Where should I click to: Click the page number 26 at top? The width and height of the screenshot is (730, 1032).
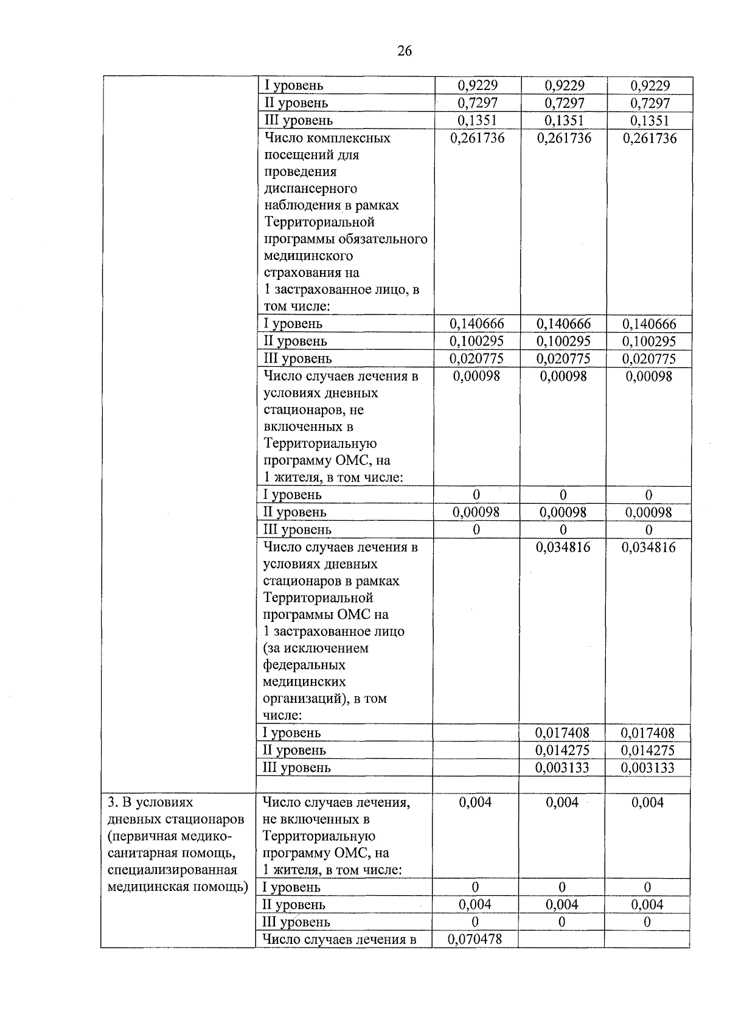click(405, 51)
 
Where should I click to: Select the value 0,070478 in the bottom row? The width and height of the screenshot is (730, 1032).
click(475, 939)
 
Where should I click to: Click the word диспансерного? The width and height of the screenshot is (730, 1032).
click(310, 188)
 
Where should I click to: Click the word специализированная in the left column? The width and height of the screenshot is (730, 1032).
click(172, 870)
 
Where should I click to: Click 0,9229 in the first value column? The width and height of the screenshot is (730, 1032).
click(477, 85)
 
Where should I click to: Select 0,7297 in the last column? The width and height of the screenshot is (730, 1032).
click(650, 103)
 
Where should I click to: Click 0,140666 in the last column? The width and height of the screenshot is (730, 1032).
click(648, 324)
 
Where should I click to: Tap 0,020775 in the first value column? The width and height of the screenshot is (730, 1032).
click(476, 358)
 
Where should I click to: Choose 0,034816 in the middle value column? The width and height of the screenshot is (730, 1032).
click(563, 547)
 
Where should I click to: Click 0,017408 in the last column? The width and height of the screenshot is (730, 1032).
click(647, 733)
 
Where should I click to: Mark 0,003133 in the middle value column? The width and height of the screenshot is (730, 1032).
click(562, 767)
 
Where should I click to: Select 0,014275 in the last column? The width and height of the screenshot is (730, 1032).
click(647, 750)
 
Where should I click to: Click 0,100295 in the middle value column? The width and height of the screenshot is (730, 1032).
click(563, 341)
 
